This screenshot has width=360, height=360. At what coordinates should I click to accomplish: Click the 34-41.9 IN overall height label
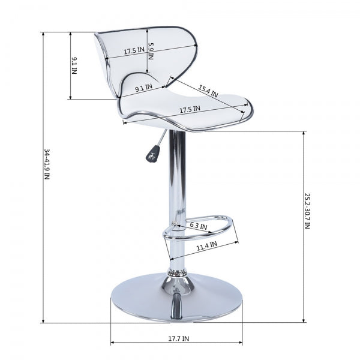click(47, 164)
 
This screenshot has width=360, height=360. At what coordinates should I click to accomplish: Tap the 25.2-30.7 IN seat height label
click(307, 211)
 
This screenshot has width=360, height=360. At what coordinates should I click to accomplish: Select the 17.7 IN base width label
click(179, 338)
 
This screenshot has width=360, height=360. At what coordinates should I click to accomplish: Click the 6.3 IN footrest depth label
click(199, 226)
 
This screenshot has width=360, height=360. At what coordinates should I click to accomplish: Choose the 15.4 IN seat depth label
click(208, 91)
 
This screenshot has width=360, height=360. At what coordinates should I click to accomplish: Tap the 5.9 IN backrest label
click(151, 51)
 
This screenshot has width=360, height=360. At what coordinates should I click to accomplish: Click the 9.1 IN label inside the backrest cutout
click(144, 88)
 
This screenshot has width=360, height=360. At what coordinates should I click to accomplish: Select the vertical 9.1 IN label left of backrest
click(74, 65)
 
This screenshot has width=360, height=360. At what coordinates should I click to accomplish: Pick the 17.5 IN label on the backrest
click(134, 50)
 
